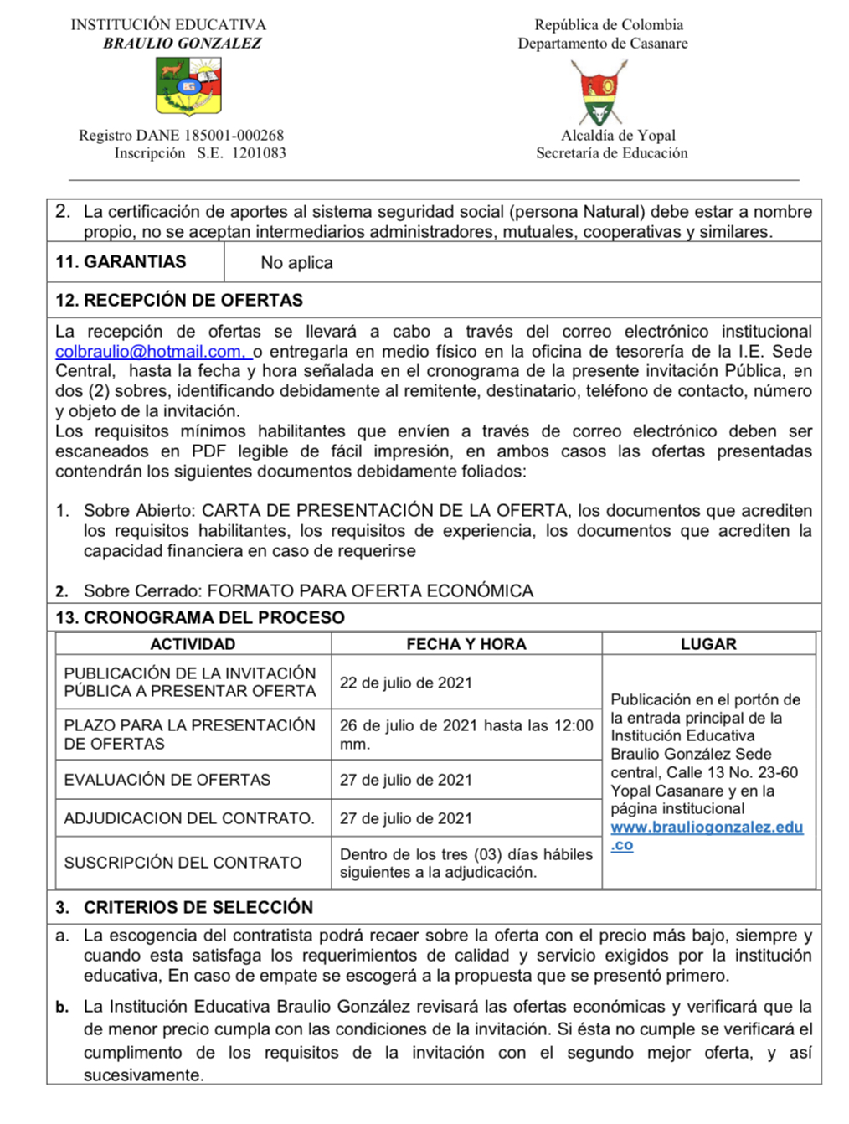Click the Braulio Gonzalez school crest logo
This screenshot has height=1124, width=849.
coord(188,86)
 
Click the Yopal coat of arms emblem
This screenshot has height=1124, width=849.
coord(603,92)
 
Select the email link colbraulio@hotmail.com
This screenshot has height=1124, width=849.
coord(149,352)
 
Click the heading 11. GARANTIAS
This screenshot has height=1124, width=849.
coord(121,262)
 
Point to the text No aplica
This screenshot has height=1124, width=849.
coord(296,263)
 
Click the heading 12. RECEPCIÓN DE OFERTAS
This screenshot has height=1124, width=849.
coord(179,300)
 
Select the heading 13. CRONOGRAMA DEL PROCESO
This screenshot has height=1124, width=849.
coord(200,617)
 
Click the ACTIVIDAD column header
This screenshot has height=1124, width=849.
coord(193,644)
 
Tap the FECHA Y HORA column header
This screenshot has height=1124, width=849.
coord(466,644)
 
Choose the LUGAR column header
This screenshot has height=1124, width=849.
coord(708,644)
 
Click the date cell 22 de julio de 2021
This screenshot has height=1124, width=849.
coord(406,683)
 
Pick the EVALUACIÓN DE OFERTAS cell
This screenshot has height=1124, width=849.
coord(167,780)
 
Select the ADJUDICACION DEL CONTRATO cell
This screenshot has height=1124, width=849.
coord(189,818)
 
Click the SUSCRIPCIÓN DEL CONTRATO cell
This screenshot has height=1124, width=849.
coord(183,863)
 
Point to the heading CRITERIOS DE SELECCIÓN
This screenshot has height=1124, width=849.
coord(198,907)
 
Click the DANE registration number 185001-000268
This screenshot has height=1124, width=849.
coord(234,135)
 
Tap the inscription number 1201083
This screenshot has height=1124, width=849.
coord(259,153)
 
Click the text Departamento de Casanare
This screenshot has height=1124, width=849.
coord(603,44)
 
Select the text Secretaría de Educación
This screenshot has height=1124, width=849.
coord(612,153)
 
